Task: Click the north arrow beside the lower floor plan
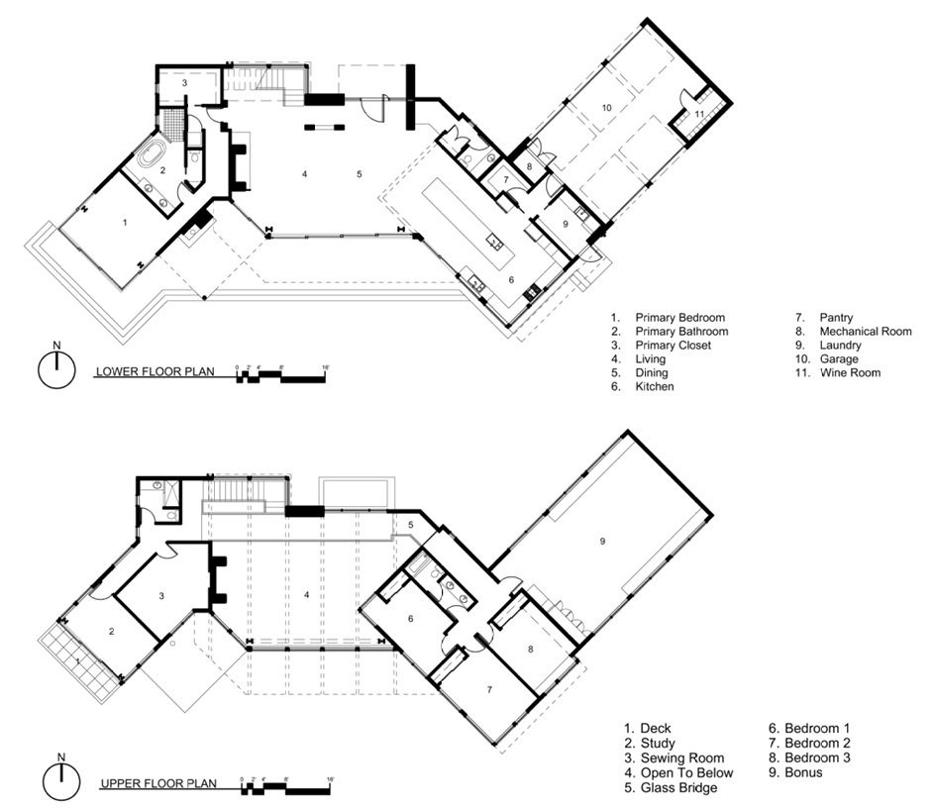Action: [x=57, y=368]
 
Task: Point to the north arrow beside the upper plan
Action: [x=57, y=778]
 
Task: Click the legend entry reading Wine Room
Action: [x=849, y=373]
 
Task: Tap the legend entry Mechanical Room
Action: [x=865, y=332]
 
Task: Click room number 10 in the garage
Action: [x=606, y=106]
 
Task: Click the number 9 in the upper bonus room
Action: [x=601, y=541]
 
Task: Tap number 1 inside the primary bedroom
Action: [x=125, y=224]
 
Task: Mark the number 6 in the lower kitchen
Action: [x=512, y=280]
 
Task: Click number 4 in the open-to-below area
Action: [x=307, y=594]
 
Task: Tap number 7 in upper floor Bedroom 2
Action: [x=488, y=689]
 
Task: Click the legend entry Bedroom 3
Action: [x=817, y=758]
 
